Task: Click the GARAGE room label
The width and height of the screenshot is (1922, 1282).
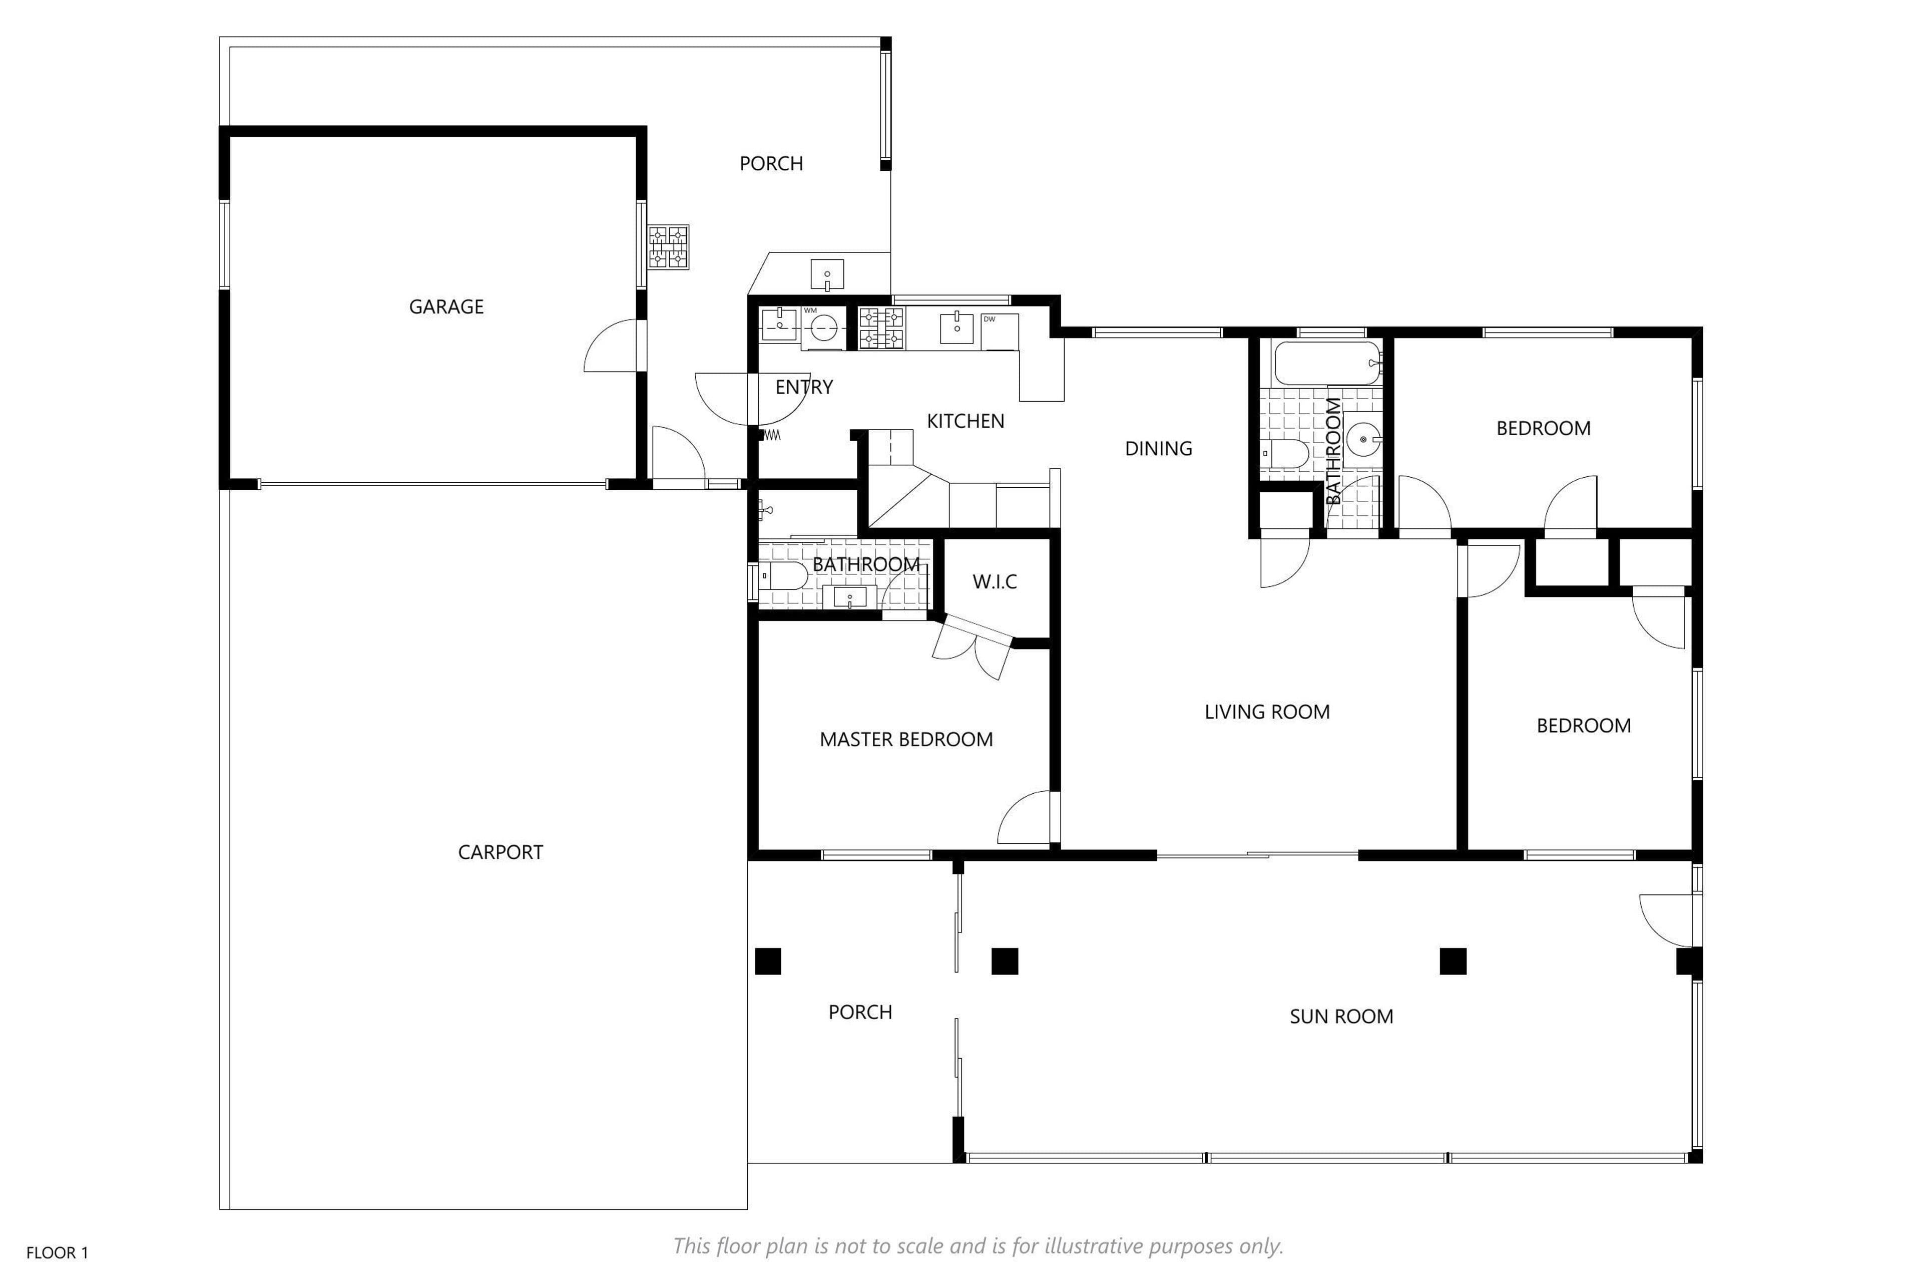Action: click(x=446, y=306)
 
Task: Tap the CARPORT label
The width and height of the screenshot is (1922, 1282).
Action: click(x=500, y=852)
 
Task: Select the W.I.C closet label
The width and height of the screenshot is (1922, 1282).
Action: click(x=995, y=581)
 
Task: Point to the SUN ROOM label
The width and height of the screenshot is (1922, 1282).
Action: click(x=1341, y=1016)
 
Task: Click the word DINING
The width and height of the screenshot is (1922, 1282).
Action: click(x=1158, y=448)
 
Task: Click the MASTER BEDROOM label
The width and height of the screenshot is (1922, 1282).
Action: click(x=906, y=739)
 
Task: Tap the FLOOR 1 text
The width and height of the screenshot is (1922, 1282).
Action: click(x=57, y=1252)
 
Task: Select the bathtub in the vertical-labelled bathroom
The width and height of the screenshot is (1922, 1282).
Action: click(x=1327, y=363)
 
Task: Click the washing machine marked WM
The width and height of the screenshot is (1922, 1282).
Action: click(x=821, y=329)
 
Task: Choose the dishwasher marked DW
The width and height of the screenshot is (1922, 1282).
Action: click(x=1000, y=331)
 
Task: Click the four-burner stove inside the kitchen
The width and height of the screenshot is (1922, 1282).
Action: click(x=880, y=328)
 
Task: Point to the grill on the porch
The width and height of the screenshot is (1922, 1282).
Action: click(x=669, y=247)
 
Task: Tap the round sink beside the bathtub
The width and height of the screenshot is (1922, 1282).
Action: click(x=1362, y=440)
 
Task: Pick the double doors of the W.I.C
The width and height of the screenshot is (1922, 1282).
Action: click(x=973, y=645)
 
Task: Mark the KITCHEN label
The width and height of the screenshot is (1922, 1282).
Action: click(x=965, y=421)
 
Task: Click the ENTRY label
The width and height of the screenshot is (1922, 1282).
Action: click(x=804, y=387)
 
